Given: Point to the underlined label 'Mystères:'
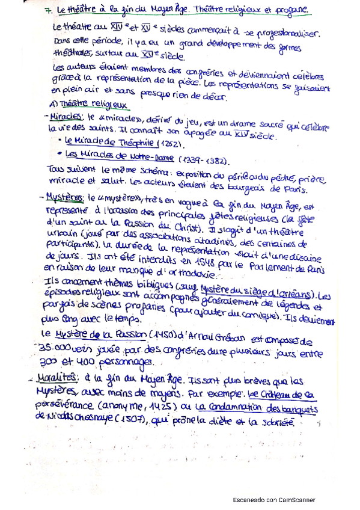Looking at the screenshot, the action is tap(67, 197).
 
